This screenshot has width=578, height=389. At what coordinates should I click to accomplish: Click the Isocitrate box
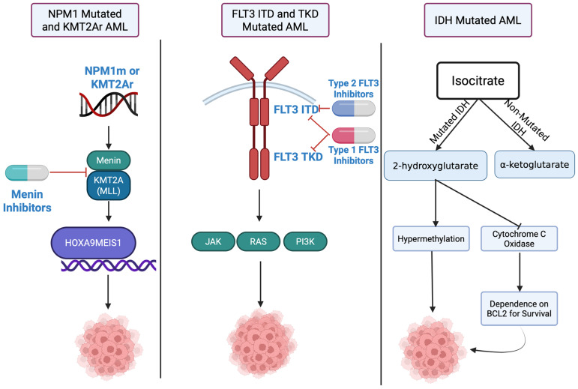(x=478, y=81)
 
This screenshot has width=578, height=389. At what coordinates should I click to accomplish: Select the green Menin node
(x=109, y=160)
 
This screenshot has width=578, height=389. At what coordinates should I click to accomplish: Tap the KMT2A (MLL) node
(x=109, y=185)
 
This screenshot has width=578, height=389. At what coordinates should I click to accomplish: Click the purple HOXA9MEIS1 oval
(x=93, y=243)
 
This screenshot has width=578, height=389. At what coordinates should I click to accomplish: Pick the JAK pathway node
(x=213, y=241)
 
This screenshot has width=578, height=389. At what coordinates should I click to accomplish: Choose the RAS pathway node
(x=258, y=241)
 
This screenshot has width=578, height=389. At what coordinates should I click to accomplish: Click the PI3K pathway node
(x=305, y=241)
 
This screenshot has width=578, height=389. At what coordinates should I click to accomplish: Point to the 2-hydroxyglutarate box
(x=436, y=166)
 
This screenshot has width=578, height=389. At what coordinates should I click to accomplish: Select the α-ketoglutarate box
(x=535, y=164)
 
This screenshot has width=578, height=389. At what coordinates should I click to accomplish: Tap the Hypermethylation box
(x=431, y=238)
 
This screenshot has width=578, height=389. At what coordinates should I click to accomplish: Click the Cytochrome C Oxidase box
(x=519, y=238)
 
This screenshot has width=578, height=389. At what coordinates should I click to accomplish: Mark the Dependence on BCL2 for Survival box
(x=519, y=309)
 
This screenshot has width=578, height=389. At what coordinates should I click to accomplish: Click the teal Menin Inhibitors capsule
(x=27, y=173)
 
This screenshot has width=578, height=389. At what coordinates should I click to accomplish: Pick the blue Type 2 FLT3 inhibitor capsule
(x=354, y=109)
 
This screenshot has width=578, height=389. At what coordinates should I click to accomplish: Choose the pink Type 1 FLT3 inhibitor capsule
(x=354, y=136)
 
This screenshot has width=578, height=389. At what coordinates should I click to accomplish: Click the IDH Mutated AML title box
(x=478, y=20)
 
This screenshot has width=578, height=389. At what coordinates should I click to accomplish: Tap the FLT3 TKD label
(x=298, y=157)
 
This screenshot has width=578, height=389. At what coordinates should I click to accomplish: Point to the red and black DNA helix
(x=109, y=105)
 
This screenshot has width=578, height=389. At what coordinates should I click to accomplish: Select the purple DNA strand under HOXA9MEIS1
(x=109, y=265)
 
